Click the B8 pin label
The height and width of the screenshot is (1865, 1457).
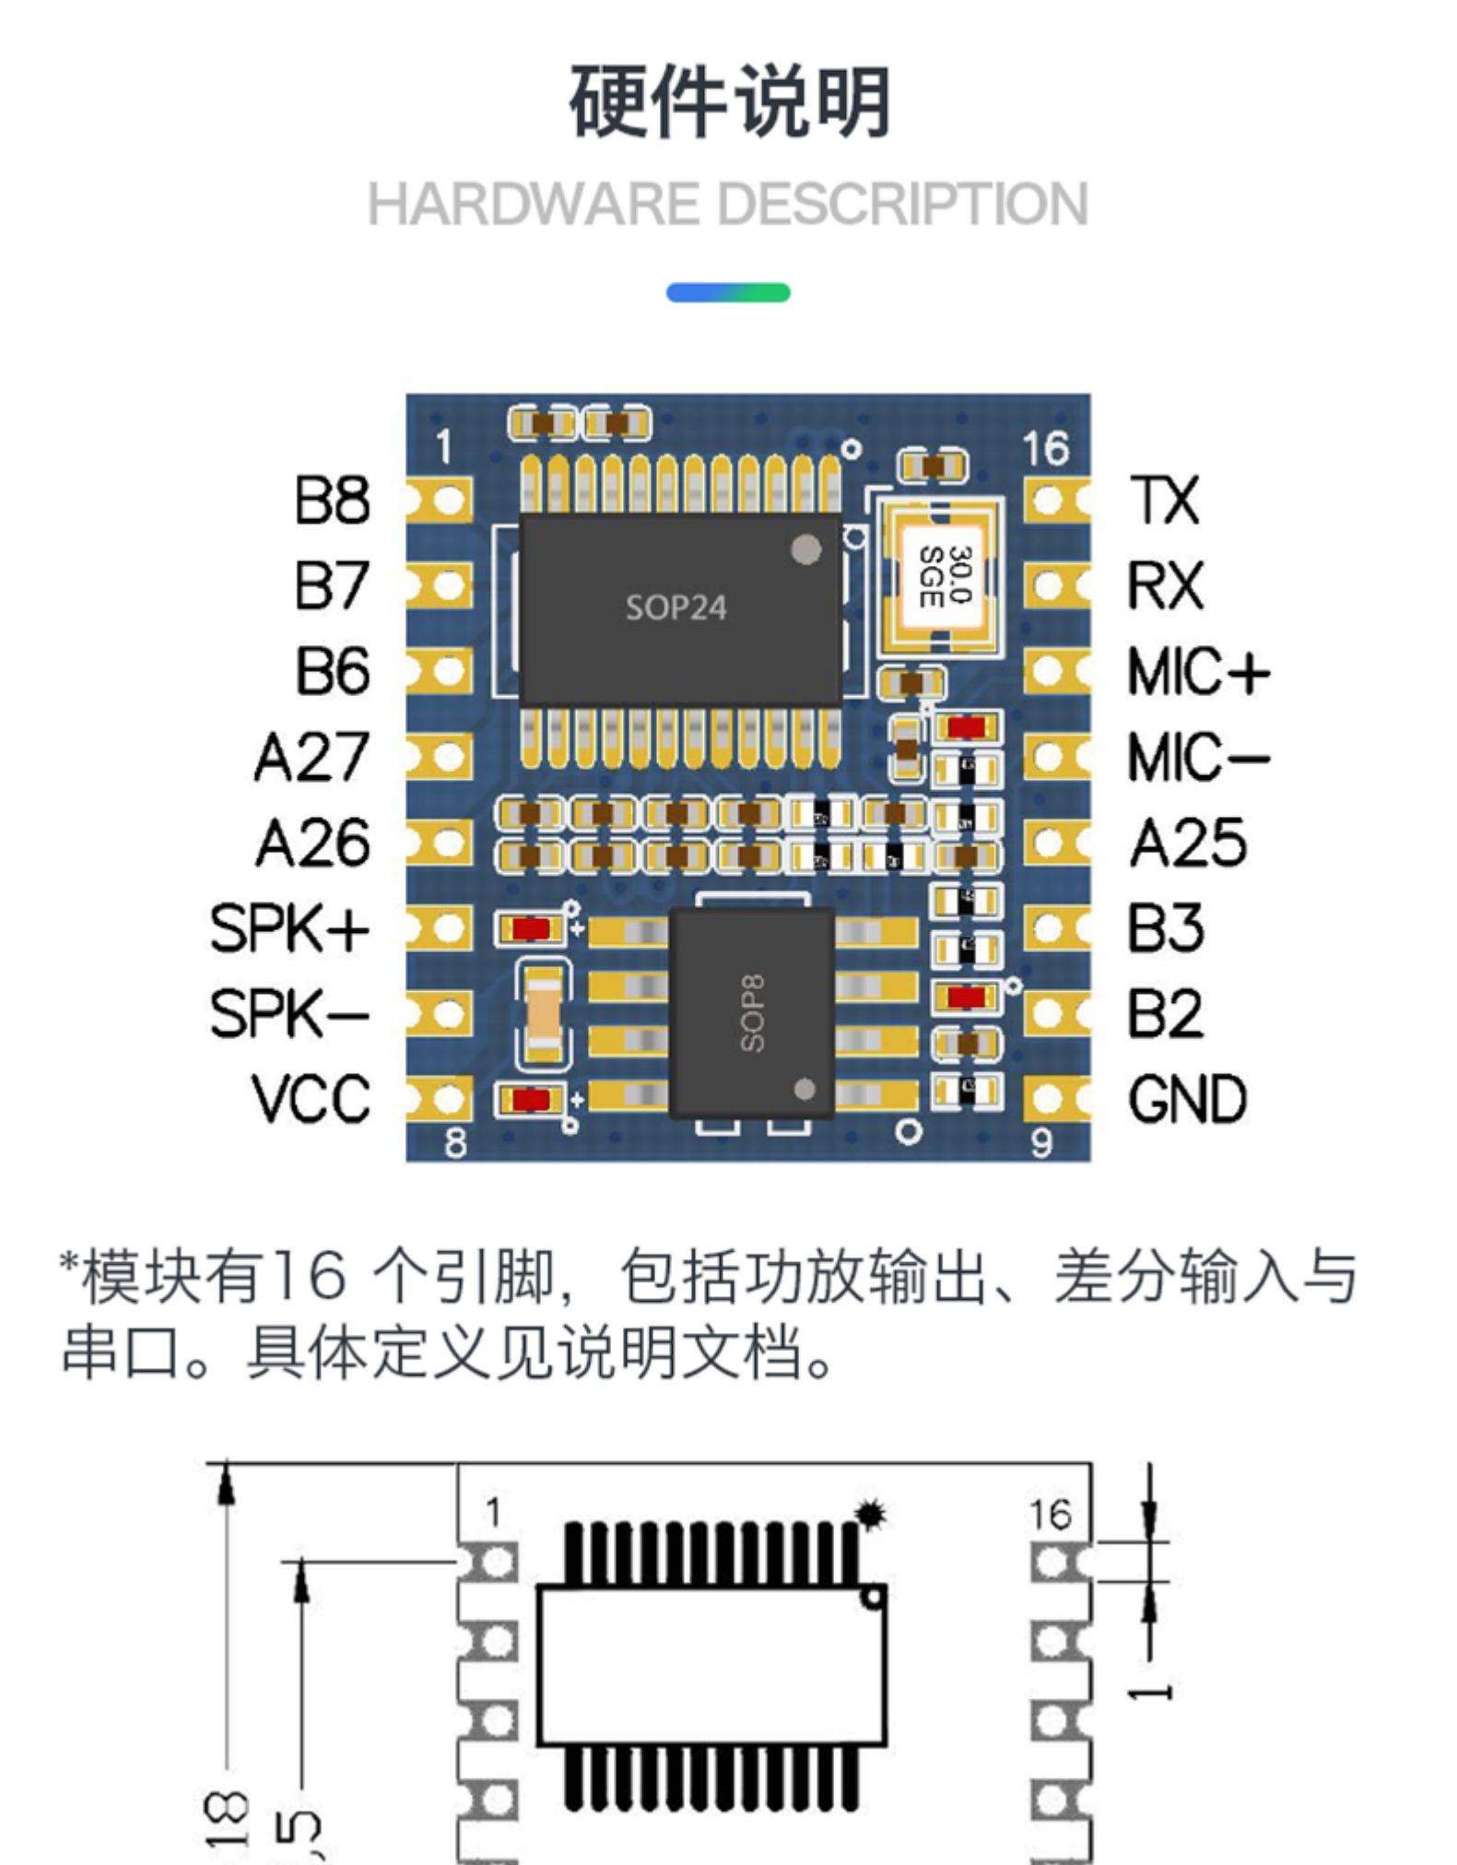332,501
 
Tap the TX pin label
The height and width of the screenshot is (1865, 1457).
1165,501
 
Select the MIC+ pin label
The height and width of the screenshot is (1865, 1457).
1198,671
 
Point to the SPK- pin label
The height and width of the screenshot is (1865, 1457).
289,1013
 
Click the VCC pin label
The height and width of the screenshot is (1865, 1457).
311,1099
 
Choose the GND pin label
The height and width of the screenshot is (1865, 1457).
1187,1099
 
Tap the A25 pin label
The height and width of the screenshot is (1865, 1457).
1188,843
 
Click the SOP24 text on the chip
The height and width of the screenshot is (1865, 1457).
676,608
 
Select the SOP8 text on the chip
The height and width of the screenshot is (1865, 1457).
753,1014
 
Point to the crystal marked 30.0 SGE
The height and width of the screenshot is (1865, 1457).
943,577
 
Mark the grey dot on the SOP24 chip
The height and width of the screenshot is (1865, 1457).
806,550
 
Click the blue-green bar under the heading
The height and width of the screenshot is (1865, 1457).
728,293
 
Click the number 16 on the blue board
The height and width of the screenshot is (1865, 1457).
1045,449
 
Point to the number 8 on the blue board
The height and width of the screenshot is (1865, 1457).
455,1143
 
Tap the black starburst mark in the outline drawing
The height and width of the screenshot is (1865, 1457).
870,1515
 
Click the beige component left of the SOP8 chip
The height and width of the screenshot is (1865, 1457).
542,1013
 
